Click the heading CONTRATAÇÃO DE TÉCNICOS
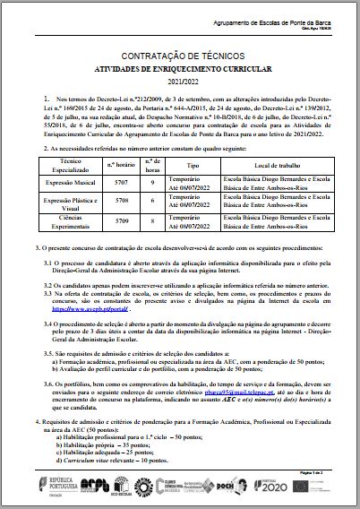[x=179, y=56]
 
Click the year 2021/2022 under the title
[x=179, y=81]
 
